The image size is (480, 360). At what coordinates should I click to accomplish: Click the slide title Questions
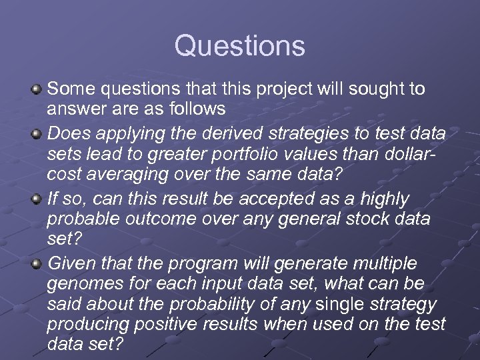click(240, 46)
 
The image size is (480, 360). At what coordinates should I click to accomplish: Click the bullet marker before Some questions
click(37, 89)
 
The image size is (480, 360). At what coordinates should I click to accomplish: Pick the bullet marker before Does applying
click(37, 134)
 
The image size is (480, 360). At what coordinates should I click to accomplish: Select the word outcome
click(166, 219)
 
